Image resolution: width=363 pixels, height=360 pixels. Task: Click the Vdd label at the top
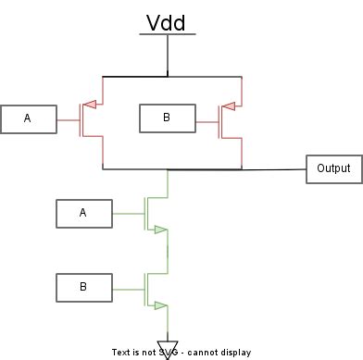(x=168, y=22)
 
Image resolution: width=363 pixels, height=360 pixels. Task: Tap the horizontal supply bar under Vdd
(x=168, y=35)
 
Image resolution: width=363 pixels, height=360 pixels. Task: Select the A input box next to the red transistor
(x=27, y=118)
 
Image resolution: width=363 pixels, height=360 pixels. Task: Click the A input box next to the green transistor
(x=82, y=213)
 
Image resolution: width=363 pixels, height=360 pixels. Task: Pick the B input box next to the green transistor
(x=82, y=287)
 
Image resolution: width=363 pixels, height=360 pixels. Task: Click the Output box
(x=333, y=168)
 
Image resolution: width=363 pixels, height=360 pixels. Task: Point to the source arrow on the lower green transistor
(x=161, y=304)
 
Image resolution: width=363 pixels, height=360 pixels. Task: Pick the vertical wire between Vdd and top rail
(x=168, y=56)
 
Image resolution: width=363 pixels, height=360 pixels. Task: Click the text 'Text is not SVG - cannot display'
(x=181, y=353)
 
